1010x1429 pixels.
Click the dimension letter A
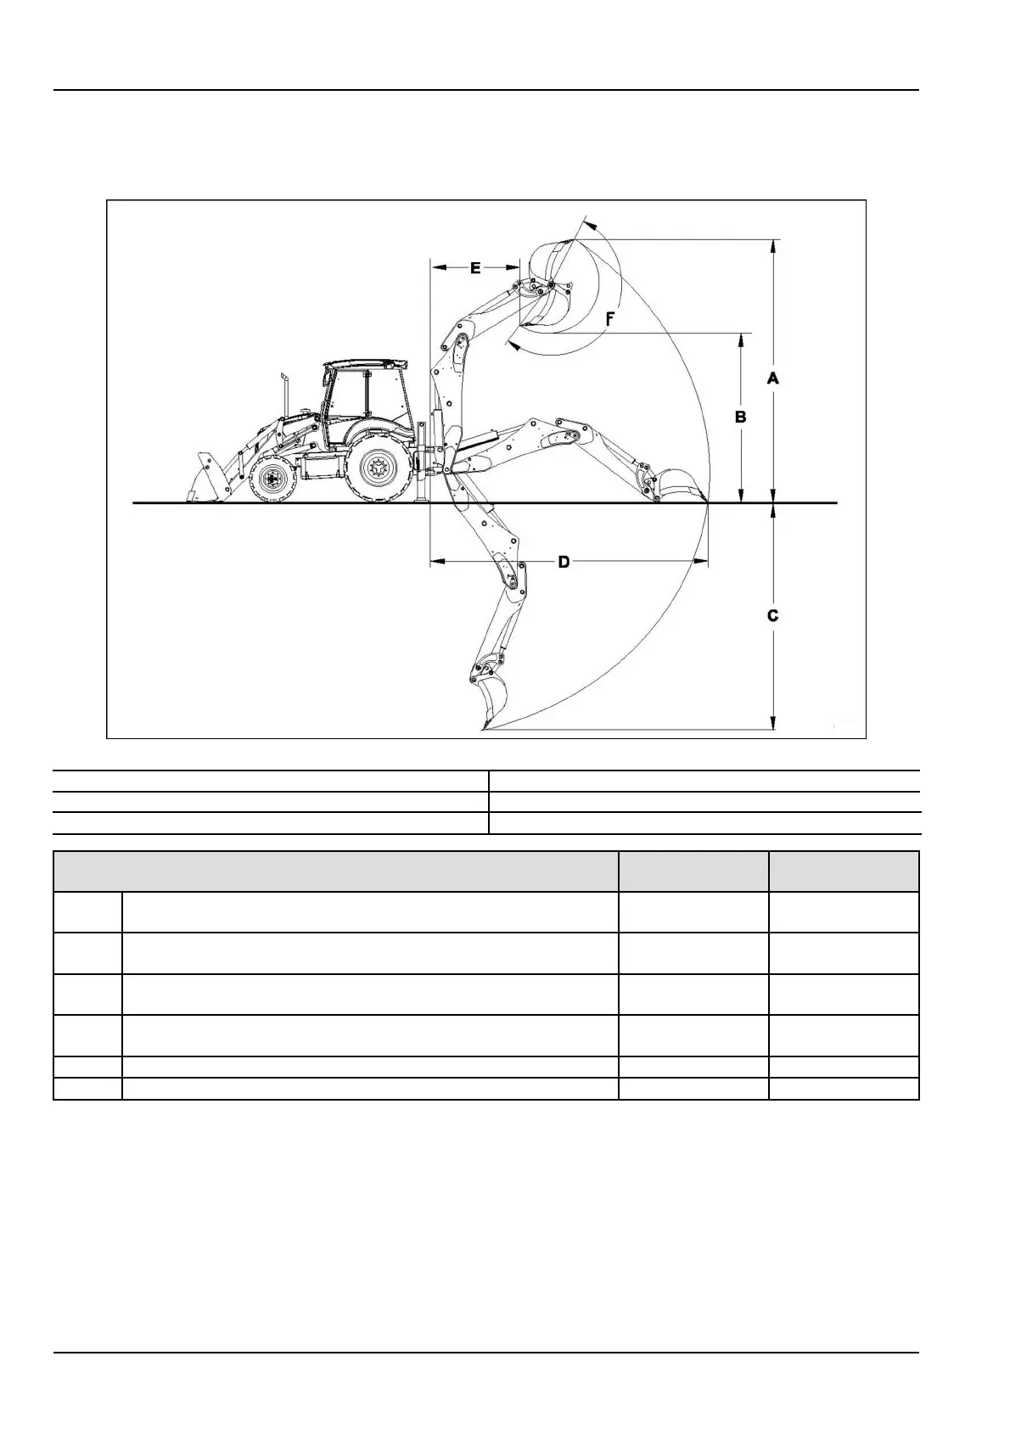click(x=772, y=378)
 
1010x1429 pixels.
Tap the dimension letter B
click(x=740, y=417)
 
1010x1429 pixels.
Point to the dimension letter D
click(x=564, y=562)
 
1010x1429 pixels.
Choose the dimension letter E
click(x=475, y=268)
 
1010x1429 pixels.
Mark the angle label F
click(x=609, y=319)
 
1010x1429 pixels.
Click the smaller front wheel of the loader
click(x=272, y=479)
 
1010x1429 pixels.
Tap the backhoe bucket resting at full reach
click(x=678, y=485)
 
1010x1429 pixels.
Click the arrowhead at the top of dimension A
click(x=772, y=245)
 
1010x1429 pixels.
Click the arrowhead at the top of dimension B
click(x=741, y=339)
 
